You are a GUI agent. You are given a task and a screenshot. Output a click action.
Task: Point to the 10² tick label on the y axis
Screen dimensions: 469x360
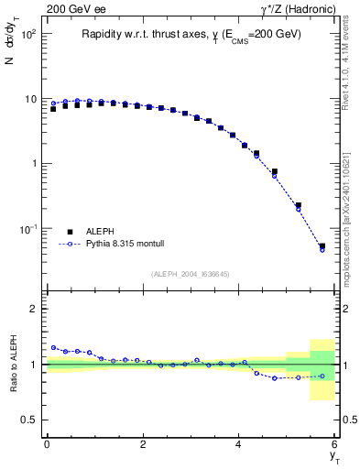[29, 34]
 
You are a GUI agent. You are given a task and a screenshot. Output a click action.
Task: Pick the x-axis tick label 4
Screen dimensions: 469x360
[239, 444]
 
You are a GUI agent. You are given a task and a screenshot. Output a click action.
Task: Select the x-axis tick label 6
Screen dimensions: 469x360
[335, 444]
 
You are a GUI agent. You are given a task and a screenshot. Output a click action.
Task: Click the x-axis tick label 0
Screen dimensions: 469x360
[47, 444]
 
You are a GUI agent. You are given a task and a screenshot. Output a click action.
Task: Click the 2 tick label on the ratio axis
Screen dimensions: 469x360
[35, 309]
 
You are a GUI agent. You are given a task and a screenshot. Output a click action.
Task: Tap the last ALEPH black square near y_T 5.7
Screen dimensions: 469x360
[322, 245]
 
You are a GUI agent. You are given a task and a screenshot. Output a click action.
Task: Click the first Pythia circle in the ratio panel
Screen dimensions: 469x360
[54, 348]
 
